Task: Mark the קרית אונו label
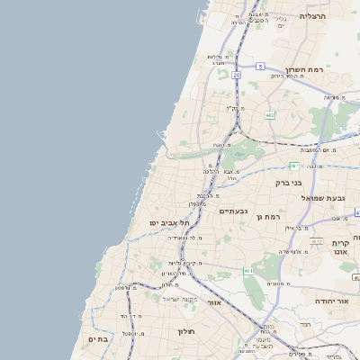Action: pos(340,249)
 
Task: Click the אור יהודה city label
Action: pos(336,301)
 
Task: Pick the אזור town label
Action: pos(213,302)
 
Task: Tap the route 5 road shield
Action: pos(260,66)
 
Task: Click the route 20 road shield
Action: pos(236,76)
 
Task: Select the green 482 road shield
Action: pos(270,115)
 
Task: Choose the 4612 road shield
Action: pos(317,241)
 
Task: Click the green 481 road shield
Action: pos(294,166)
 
